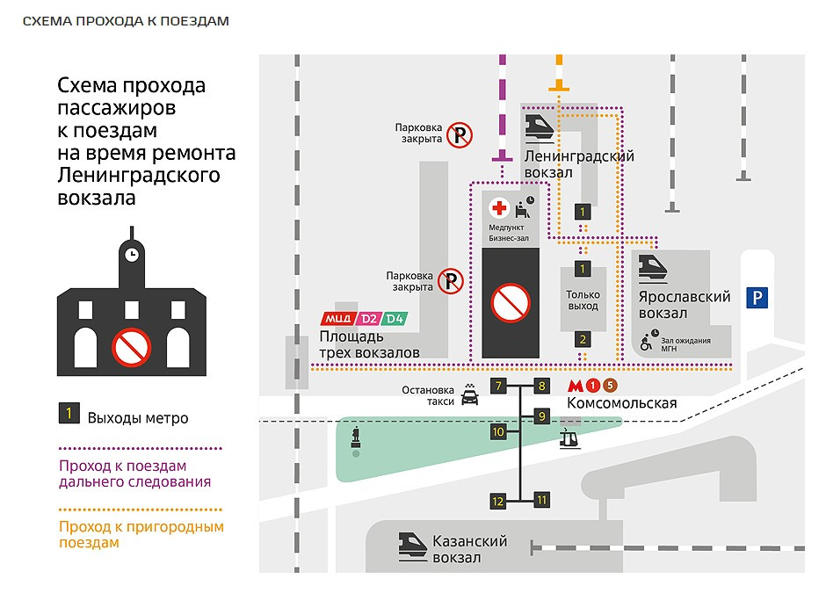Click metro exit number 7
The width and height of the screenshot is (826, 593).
pos(498,386)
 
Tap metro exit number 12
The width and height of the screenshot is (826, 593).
pos(498,501)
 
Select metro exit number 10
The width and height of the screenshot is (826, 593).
pos(498,432)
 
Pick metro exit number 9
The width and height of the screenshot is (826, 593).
pos(541,416)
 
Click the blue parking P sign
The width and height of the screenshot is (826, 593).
pos(757,298)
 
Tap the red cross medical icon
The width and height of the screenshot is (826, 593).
pos(499,208)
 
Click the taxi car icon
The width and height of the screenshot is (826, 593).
pos(470,394)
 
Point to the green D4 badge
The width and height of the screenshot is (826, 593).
pos(395,319)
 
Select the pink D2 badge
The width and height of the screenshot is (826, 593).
pos(369,319)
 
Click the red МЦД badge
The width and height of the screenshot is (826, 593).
pos(337,319)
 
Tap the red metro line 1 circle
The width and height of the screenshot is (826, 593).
pos(593,386)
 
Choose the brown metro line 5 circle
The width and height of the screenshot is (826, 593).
pos(610,386)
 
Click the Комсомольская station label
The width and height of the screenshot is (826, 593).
pos(621,403)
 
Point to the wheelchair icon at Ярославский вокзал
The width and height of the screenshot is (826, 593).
pos(647,343)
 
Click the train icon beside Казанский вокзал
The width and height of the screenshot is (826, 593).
pos(412,546)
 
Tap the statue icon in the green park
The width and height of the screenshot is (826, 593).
pos(356,438)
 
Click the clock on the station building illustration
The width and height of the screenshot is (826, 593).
pos(132,255)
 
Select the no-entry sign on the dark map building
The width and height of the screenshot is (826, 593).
pos(511,303)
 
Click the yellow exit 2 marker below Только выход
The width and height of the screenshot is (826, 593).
pos(582,340)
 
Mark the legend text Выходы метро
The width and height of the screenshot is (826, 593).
pos(138,418)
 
